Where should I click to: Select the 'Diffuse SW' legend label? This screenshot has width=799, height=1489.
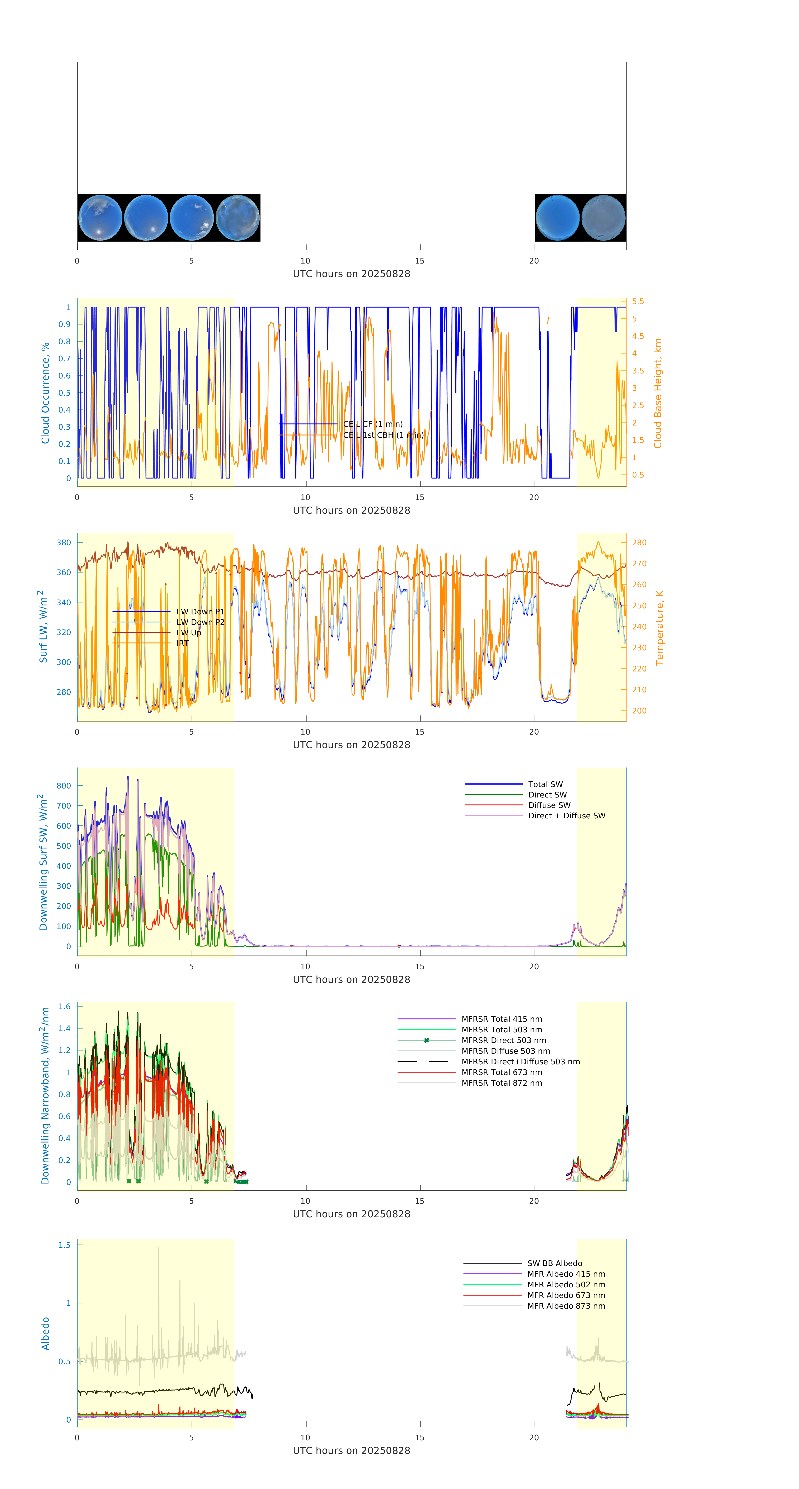549,805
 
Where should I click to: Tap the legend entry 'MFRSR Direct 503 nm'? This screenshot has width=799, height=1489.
503,1041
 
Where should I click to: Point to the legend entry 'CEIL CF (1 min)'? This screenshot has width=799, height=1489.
373,424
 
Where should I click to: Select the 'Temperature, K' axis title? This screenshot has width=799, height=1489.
659,628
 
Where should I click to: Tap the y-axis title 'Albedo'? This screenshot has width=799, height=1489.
45,1334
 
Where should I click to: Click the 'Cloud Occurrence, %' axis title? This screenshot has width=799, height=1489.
45,393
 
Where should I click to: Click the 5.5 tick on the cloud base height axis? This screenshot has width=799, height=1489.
638,302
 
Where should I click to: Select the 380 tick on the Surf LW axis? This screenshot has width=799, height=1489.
64,543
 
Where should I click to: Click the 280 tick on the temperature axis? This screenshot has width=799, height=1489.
639,543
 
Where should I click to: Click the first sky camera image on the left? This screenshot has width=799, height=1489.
100,218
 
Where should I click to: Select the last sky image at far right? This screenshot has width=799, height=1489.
603,218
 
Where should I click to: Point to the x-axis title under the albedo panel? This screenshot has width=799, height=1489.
351,1451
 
